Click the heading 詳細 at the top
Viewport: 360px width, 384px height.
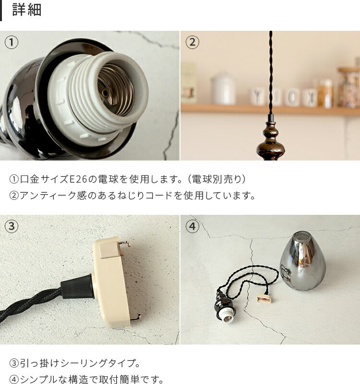coord(27,10)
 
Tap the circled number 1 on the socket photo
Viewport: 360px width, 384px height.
coord(12,42)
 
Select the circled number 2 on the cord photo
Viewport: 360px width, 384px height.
coord(192,42)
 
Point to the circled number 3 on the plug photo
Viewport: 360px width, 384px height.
coord(12,226)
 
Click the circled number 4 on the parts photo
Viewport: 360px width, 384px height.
coord(192,226)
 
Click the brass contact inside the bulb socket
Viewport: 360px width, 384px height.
coord(105,93)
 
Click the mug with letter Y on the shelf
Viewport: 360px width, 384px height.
coord(257,97)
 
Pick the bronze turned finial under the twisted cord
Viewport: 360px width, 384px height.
coord(271,138)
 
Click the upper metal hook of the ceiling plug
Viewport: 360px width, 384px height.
coord(124,244)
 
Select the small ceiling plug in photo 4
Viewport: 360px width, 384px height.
coord(264,298)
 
